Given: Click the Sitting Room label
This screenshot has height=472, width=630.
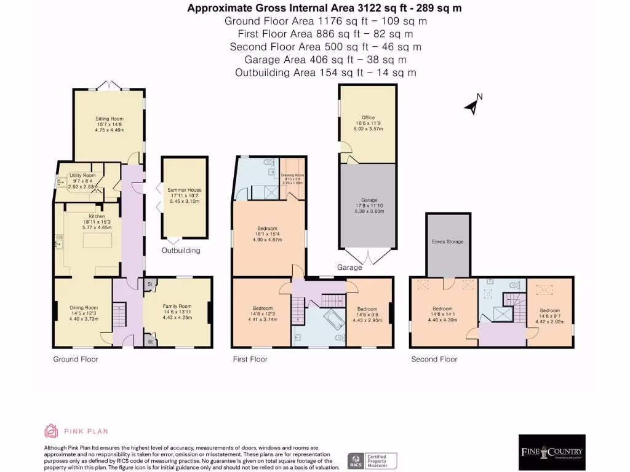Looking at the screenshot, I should point(109,119).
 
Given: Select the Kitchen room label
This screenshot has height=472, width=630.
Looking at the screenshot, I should point(97,216).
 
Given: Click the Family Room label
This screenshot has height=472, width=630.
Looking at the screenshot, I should point(177,306).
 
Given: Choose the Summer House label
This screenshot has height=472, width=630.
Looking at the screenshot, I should point(185,191).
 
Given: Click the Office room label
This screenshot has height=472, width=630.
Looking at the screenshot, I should point(368,117).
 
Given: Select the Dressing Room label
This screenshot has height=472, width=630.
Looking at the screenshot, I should point(292,175).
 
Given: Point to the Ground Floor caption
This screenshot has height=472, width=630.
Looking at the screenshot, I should point(75,359).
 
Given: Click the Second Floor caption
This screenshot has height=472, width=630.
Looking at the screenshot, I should point(434,359).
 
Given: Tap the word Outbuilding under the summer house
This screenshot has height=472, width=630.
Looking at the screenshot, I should point(181,251).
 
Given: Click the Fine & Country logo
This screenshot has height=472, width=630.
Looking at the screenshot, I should point(551,452).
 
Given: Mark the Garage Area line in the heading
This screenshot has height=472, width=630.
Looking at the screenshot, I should point(325,60).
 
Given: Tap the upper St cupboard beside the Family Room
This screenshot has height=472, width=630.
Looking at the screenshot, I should point(150,284).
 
